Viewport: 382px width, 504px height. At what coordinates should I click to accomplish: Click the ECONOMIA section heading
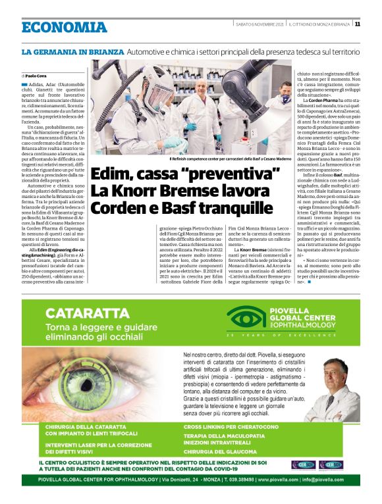click(x=64, y=27)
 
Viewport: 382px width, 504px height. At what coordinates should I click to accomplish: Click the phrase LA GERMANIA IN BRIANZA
click(x=72, y=51)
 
